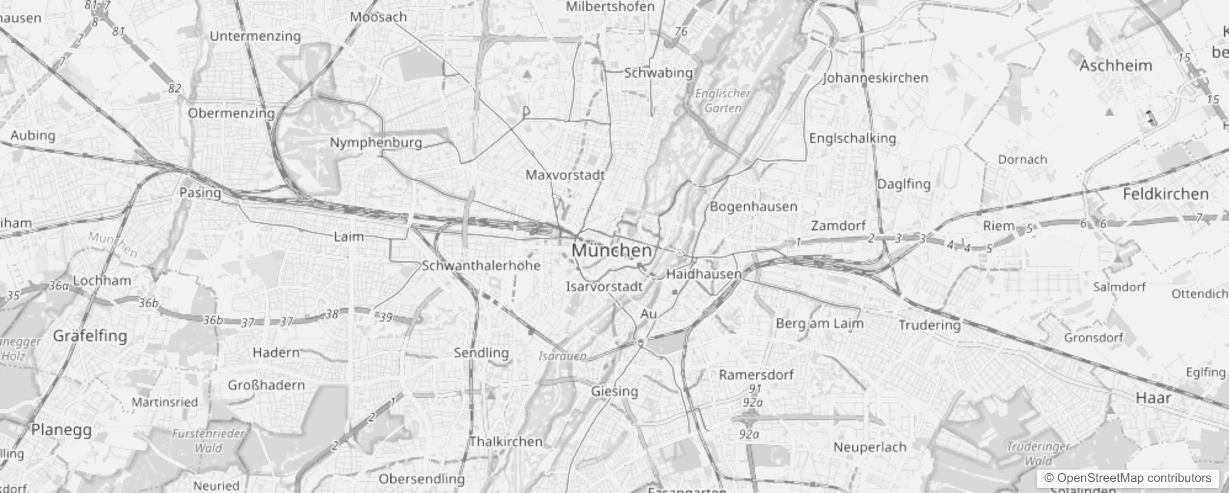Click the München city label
pos(611,250)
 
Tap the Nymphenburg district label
pos(376,142)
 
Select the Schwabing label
pos(658,73)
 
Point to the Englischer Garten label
pos(723,100)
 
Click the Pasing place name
pos(200,192)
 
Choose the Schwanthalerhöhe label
pos(481,266)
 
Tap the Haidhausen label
pos(704,274)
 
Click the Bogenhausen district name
pos(753,206)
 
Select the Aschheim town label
pos(1115,65)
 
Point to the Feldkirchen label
pos(1166,194)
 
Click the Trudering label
pos(929,325)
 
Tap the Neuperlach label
pos(869,447)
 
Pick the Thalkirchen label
pos(506,441)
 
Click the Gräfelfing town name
pos(90,336)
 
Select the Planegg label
pos(61,430)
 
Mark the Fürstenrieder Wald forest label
pos(208,441)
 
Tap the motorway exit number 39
pos(385,317)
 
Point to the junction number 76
pos(680,31)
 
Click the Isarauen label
pos(562,356)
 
